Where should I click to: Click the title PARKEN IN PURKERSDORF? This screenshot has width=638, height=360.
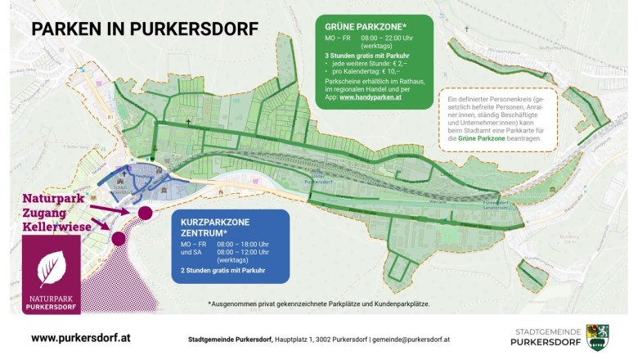click(x=144, y=29)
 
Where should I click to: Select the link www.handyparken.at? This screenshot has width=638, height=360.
click(x=370, y=97)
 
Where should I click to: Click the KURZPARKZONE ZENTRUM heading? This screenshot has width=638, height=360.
click(x=215, y=227)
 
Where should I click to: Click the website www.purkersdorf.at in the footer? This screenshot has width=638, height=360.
click(x=80, y=337)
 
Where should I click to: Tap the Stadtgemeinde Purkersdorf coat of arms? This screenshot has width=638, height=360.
click(x=597, y=337)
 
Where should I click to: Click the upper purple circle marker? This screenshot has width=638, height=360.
click(x=145, y=213)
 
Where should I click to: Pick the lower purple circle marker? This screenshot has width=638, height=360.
click(x=118, y=239)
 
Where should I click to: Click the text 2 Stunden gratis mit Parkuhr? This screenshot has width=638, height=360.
click(x=222, y=270)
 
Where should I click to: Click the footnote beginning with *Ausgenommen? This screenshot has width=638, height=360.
click(x=319, y=304)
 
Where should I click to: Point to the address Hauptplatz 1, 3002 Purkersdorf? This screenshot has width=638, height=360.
click(x=320, y=338)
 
